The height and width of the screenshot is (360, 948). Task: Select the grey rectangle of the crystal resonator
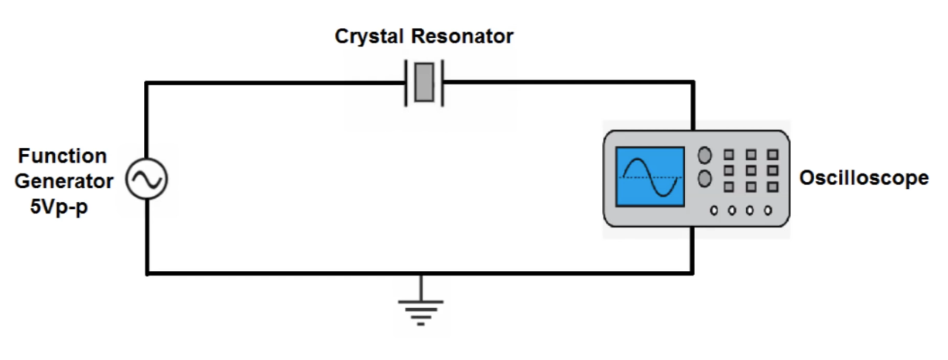[x=423, y=83]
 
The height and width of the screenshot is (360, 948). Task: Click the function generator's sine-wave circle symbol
[x=146, y=180]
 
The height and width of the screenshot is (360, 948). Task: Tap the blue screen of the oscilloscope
[x=650, y=177]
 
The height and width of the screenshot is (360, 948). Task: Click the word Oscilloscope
[x=864, y=178]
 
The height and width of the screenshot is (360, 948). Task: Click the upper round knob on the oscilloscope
[x=705, y=156]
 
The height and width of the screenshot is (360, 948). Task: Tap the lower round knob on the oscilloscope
[x=705, y=180]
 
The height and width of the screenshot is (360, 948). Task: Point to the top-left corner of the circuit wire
[x=146, y=81]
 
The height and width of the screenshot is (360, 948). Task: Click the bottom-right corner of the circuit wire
[x=693, y=273]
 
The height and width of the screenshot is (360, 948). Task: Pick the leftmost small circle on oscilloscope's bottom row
[x=714, y=210]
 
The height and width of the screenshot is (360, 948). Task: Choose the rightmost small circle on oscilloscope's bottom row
[x=768, y=210]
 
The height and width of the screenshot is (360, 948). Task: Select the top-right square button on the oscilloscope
[x=772, y=156]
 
